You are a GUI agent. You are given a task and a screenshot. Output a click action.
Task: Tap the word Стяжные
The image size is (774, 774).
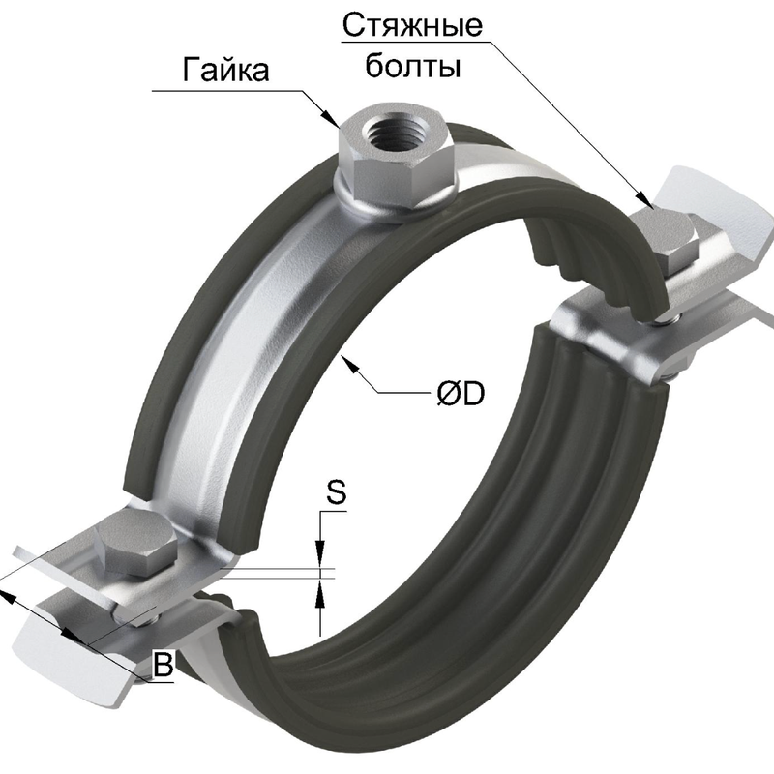tap(411, 26)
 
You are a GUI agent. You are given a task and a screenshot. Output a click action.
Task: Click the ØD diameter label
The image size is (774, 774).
tap(460, 394)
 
